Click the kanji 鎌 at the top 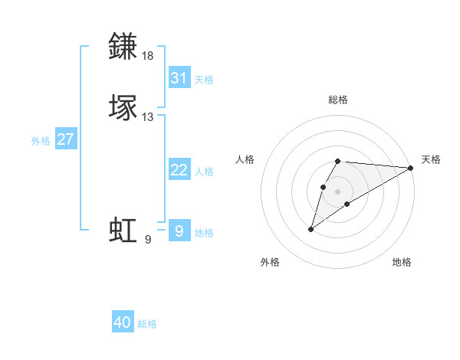pyautogui.click(x=123, y=47)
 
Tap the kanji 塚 pyautogui.click(x=123, y=107)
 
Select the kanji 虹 pyautogui.click(x=123, y=230)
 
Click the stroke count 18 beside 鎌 pyautogui.click(x=148, y=56)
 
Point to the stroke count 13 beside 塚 pyautogui.click(x=148, y=116)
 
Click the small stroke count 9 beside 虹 pyautogui.click(x=147, y=240)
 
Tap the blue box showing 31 pyautogui.click(x=179, y=78)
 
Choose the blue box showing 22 pyautogui.click(x=179, y=170)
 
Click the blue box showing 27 pyautogui.click(x=66, y=139)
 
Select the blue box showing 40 pyautogui.click(x=123, y=322)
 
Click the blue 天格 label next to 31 pyautogui.click(x=204, y=79)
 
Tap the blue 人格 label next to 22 pyautogui.click(x=204, y=171)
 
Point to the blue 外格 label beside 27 pyautogui.click(x=41, y=140)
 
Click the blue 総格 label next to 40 pyautogui.click(x=147, y=324)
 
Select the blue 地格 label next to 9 pyautogui.click(x=204, y=233)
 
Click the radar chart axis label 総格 pyautogui.click(x=338, y=100)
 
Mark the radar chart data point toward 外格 pyautogui.click(x=311, y=229)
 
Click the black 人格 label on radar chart pyautogui.click(x=245, y=159)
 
